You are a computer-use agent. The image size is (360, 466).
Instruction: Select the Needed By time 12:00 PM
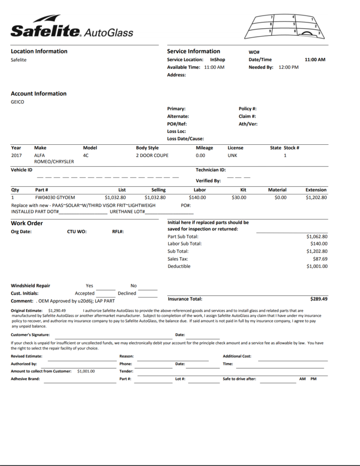(288, 67)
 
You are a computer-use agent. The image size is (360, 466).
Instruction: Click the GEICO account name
(17, 102)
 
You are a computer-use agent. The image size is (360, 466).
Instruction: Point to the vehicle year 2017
(16, 155)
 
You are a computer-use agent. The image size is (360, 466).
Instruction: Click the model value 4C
(86, 155)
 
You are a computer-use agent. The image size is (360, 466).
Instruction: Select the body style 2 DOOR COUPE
(152, 155)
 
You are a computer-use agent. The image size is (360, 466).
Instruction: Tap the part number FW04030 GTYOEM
(55, 198)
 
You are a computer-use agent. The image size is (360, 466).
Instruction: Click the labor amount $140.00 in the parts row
(197, 198)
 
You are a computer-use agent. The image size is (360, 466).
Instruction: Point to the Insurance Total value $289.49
(319, 299)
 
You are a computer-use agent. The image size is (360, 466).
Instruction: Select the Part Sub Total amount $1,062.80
(317, 237)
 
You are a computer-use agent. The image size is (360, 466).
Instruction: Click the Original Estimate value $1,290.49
(57, 311)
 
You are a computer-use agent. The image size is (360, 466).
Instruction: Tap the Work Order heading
(27, 223)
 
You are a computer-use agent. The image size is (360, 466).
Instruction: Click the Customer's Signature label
(30, 335)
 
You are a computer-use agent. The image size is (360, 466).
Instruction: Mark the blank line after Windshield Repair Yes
(106, 289)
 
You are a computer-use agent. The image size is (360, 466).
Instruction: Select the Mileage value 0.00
(201, 155)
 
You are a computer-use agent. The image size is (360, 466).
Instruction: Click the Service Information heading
(193, 51)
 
